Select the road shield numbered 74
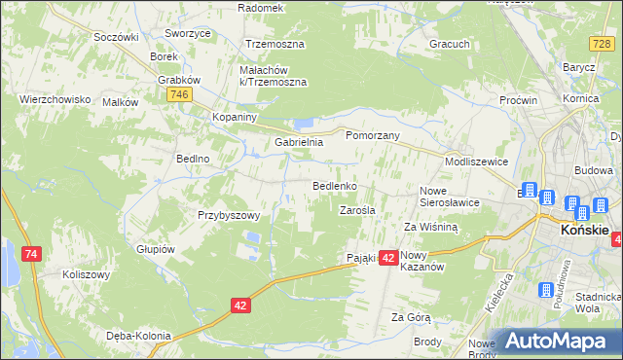[x=32, y=254]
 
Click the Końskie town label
[x=585, y=231]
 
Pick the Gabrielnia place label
[x=298, y=142]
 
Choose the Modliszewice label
[x=476, y=162]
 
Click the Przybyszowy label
[x=228, y=215]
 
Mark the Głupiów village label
[x=155, y=248]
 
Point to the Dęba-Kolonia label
[x=138, y=336]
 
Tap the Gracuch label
[x=450, y=44]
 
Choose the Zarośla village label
[x=357, y=209]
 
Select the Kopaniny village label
[x=234, y=117]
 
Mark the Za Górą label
[x=411, y=317]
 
